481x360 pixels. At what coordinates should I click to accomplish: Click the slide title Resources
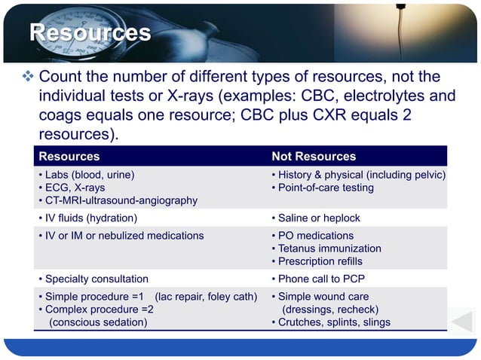click(90, 34)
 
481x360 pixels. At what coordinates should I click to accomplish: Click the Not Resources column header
click(314, 157)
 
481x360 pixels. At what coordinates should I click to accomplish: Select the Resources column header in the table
click(69, 157)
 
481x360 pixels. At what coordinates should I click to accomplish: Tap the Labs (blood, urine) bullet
click(87, 175)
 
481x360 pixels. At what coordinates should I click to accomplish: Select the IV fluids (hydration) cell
click(88, 218)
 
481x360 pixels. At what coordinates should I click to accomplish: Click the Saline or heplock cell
click(315, 218)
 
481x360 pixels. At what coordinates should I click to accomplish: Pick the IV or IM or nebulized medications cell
click(121, 236)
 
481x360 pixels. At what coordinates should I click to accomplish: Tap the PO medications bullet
click(311, 236)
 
